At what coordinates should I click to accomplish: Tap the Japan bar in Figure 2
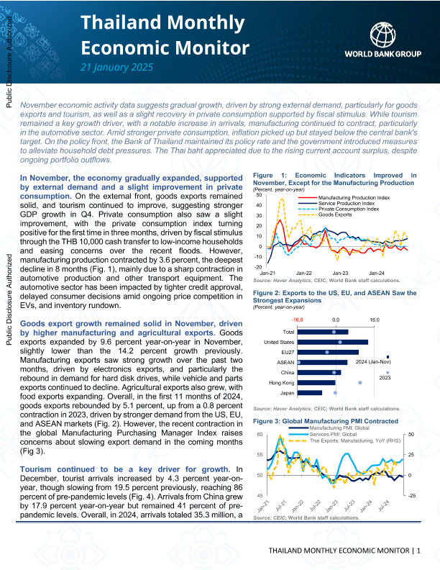(x=311, y=392)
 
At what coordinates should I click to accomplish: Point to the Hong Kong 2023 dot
(x=359, y=382)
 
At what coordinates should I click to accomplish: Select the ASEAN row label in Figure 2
(x=285, y=362)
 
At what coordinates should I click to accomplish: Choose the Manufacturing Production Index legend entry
(x=353, y=197)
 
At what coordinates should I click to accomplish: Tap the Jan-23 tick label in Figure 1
(x=339, y=273)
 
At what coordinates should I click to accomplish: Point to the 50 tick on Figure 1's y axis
(x=259, y=195)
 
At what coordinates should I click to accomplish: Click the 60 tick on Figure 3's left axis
(x=259, y=435)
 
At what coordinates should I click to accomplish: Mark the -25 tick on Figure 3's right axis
(x=411, y=495)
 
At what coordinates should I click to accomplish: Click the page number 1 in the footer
(x=418, y=551)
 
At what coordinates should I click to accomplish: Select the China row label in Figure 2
(x=288, y=372)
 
